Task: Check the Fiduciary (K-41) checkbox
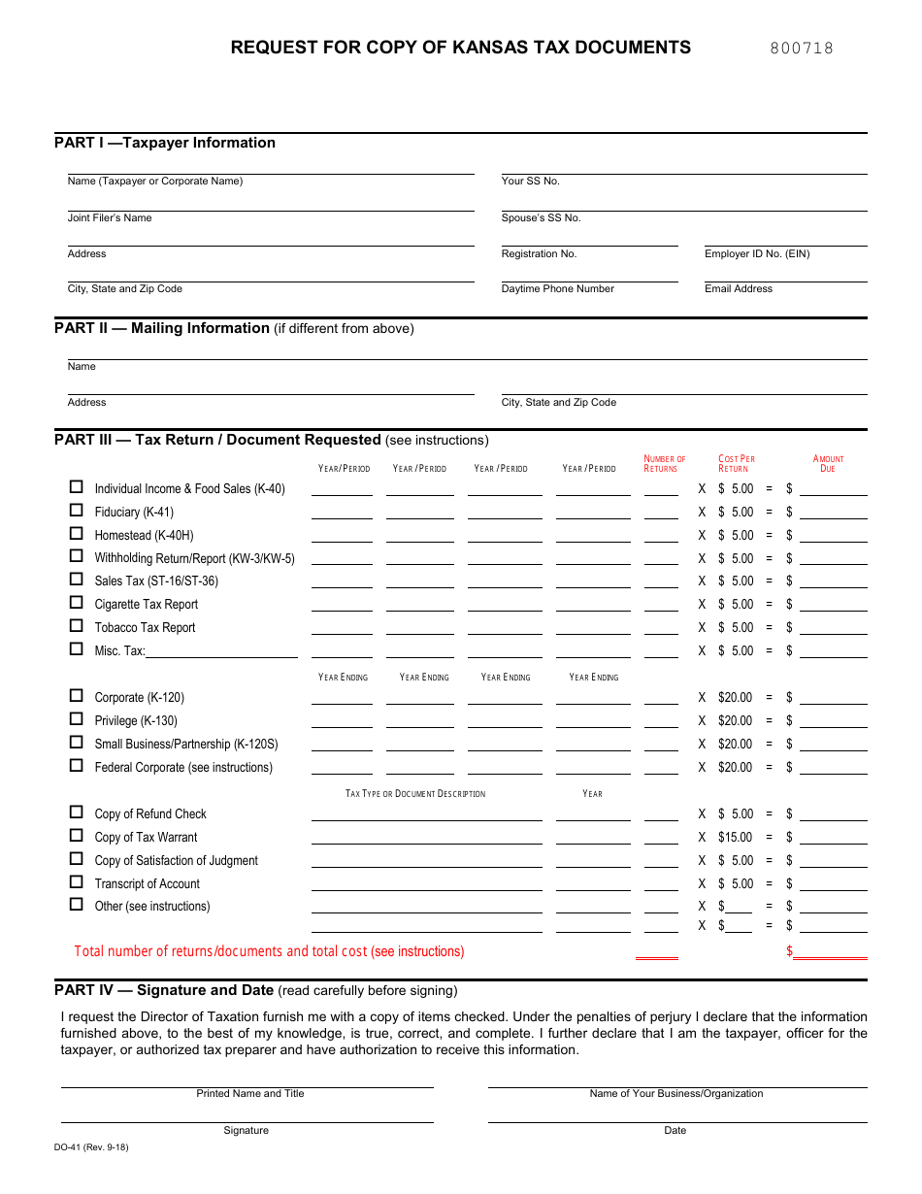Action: pyautogui.click(x=76, y=511)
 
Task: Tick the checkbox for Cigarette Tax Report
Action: pyautogui.click(x=76, y=603)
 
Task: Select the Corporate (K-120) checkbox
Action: pyautogui.click(x=76, y=696)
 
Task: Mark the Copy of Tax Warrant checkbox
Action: pyautogui.click(x=76, y=836)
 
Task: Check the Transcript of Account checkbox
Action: pyautogui.click(x=76, y=882)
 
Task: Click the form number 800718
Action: pyautogui.click(x=802, y=49)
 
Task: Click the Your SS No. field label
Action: pyautogui.click(x=530, y=182)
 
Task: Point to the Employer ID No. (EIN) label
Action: pyautogui.click(x=757, y=254)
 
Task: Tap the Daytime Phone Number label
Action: pyautogui.click(x=557, y=289)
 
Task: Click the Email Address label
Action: pyautogui.click(x=739, y=289)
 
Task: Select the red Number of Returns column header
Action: pyautogui.click(x=664, y=464)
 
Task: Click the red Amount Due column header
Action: pyautogui.click(x=828, y=464)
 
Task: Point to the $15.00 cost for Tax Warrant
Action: pyautogui.click(x=735, y=838)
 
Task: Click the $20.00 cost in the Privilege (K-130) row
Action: pyautogui.click(x=735, y=721)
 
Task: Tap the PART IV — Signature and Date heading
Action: pyautogui.click(x=164, y=991)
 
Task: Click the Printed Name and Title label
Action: pyautogui.click(x=250, y=1094)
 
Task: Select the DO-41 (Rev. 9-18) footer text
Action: pyautogui.click(x=91, y=1147)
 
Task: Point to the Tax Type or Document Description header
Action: pyautogui.click(x=415, y=794)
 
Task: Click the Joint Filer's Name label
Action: pyautogui.click(x=110, y=218)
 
